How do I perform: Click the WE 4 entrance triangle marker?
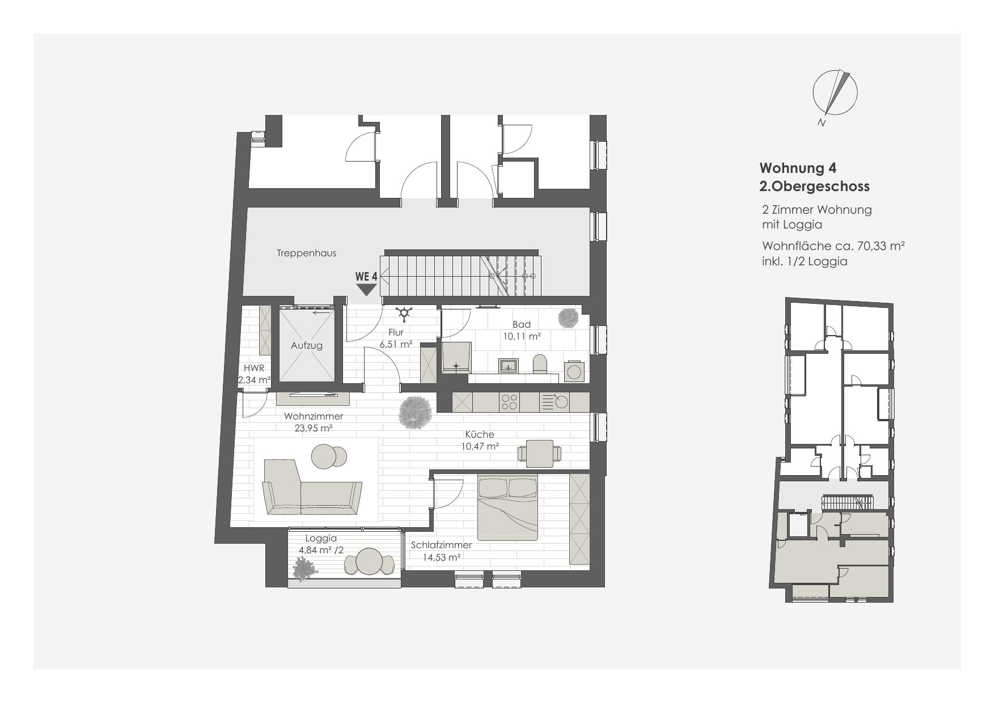(x=366, y=290)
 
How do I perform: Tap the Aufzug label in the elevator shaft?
(x=307, y=345)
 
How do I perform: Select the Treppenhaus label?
(x=306, y=253)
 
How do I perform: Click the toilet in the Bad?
(x=540, y=364)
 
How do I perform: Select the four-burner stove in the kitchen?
(x=509, y=402)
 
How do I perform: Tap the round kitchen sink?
(x=561, y=402)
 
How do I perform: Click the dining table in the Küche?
(x=539, y=454)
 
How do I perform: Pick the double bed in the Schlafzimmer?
(x=507, y=508)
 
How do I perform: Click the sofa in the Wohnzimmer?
(x=312, y=489)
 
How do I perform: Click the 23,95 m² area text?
(x=313, y=429)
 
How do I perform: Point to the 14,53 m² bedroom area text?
(x=442, y=557)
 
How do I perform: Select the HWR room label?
(x=254, y=368)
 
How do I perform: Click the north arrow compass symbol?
(x=835, y=92)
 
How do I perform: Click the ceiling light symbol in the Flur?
(x=404, y=312)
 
